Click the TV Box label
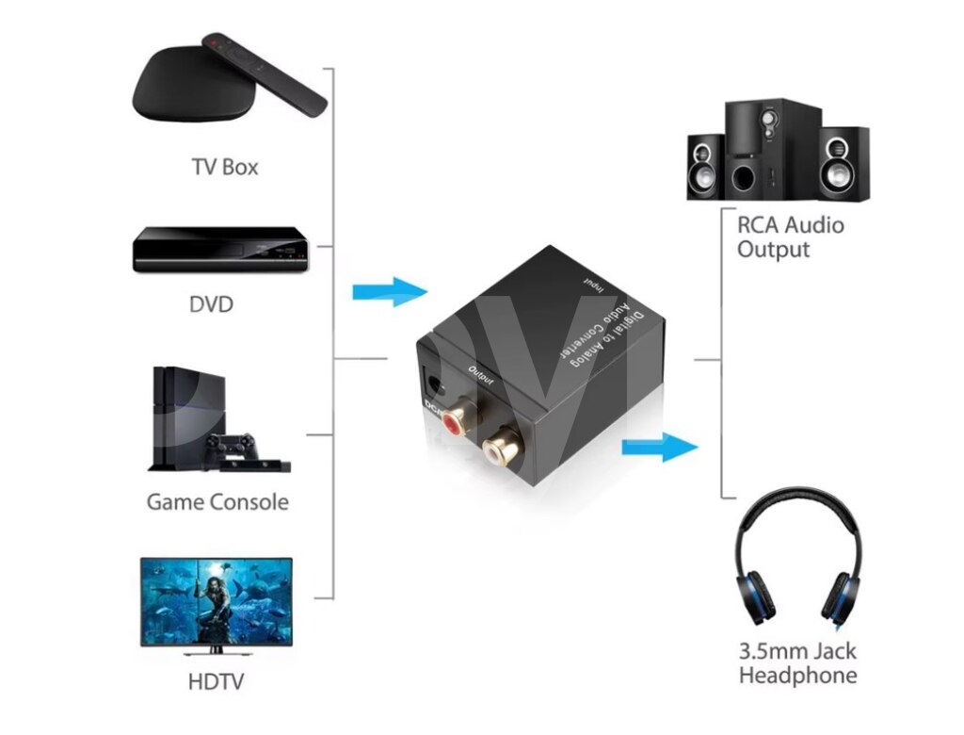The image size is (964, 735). [x=224, y=168]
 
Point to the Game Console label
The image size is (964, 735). [x=217, y=502]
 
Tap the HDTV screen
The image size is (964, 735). [x=217, y=601]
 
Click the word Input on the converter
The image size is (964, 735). [x=593, y=284]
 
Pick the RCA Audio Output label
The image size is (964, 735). [x=790, y=237]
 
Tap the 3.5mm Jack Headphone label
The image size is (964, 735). [x=797, y=663]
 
